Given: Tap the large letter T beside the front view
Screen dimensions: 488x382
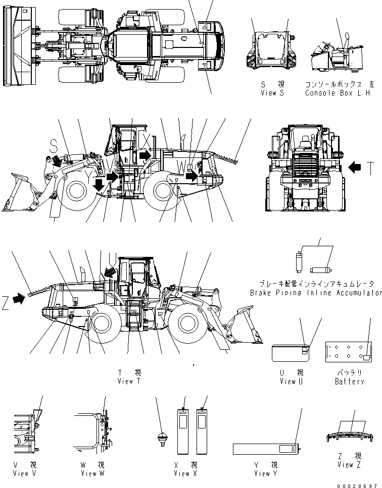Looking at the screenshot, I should (x=371, y=168).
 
